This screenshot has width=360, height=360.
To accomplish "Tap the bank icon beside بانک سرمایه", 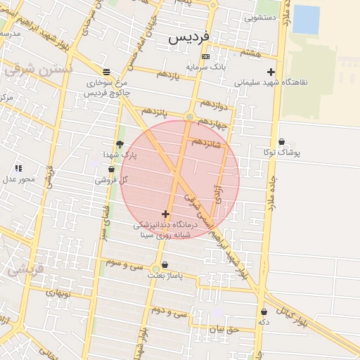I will click(205, 56).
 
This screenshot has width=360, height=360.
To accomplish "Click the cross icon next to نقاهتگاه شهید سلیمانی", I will click(271, 72).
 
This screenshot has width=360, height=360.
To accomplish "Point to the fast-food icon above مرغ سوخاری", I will click(106, 72).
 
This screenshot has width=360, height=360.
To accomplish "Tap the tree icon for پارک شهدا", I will click(120, 144).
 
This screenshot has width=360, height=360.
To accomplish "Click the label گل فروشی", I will click(112, 180).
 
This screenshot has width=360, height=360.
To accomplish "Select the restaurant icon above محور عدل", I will click(18, 168).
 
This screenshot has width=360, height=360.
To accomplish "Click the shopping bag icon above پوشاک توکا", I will click(282, 141).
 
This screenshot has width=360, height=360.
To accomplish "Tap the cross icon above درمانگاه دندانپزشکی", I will click(165, 214).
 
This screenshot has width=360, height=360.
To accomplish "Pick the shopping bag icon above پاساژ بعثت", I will click(165, 265).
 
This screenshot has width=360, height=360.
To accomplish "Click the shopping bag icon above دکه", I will click(264, 311).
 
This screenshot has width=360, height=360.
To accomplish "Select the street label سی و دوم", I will click(171, 311).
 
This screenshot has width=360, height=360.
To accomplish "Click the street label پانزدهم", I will click(155, 111).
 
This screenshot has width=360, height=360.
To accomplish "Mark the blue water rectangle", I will click(306, 19).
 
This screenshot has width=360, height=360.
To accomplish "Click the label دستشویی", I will click(260, 18).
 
